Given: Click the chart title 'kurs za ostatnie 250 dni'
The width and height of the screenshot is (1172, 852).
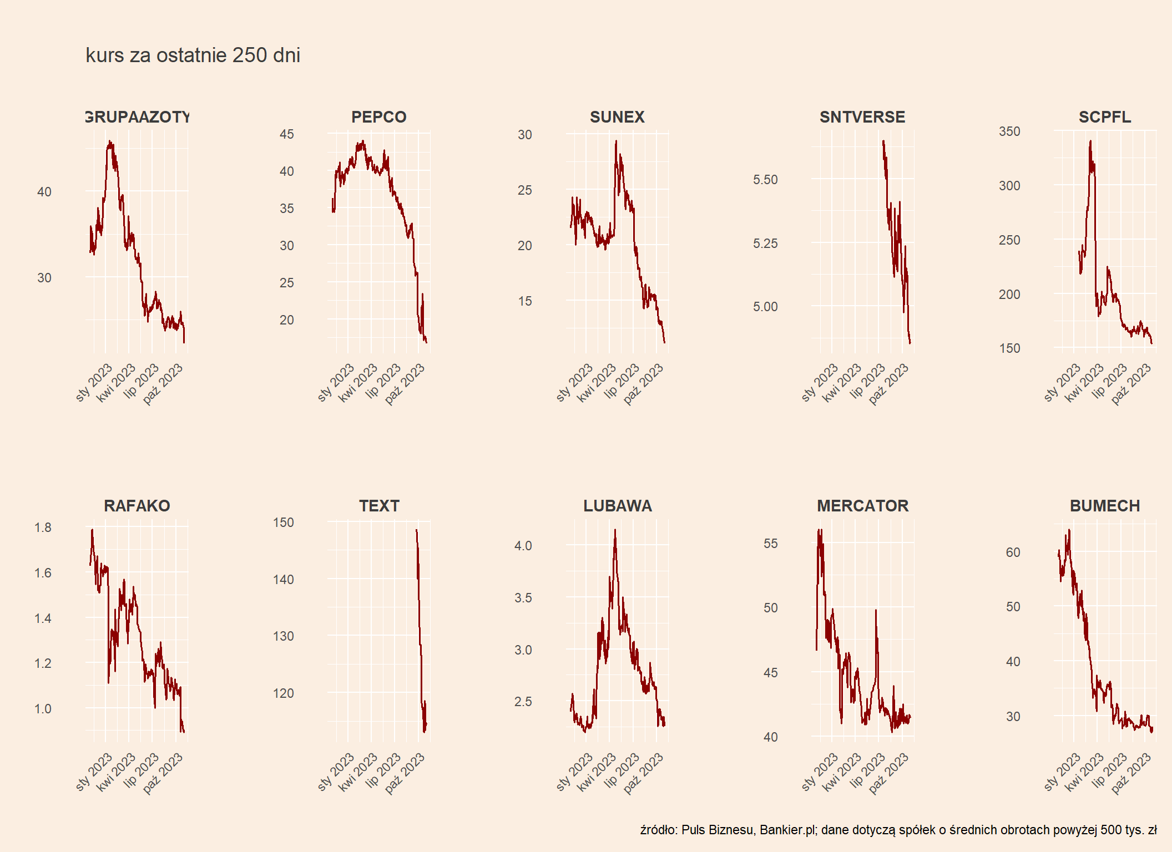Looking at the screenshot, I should (193, 55).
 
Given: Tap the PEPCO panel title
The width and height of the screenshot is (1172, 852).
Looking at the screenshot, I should (378, 117).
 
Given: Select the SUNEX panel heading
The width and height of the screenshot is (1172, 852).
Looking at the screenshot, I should (617, 117).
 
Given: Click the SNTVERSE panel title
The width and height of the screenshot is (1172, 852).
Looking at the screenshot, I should (862, 117).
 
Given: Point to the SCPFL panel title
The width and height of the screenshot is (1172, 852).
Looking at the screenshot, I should (1104, 117).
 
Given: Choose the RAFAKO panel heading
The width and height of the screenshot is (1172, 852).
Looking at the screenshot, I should (137, 506).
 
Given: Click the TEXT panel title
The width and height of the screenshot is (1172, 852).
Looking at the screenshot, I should (378, 506).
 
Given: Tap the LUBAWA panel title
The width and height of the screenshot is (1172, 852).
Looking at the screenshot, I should (617, 506).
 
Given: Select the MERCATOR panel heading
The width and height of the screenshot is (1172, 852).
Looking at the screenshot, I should (862, 506).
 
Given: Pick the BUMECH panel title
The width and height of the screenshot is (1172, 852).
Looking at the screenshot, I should (1104, 506).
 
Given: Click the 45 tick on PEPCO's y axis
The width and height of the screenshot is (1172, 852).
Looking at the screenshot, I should (286, 134).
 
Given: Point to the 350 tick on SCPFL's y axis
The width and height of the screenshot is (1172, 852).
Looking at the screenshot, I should (1009, 131).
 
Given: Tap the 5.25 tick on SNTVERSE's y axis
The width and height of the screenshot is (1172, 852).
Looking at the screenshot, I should (765, 244).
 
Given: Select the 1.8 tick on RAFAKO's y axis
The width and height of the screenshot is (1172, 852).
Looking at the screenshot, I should (43, 528).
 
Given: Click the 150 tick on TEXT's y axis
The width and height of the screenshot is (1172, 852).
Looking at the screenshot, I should (283, 523).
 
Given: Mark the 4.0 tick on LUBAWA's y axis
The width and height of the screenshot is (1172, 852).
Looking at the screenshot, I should (523, 546).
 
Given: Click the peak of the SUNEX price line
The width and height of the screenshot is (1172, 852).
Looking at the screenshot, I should (615, 141).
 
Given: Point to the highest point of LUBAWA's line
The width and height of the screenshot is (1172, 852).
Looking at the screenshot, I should (615, 530).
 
